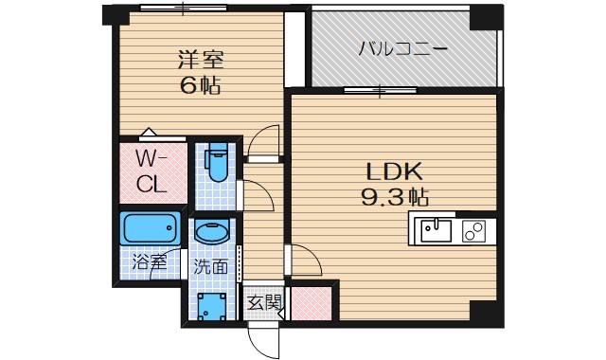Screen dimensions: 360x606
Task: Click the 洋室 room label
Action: (200, 58)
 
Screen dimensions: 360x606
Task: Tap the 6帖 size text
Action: (200, 84)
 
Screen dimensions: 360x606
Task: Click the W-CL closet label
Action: (152, 171)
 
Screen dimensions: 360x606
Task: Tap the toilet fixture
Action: (217, 163)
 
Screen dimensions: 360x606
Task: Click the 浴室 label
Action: (150, 261)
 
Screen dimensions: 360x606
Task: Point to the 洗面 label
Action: (212, 266)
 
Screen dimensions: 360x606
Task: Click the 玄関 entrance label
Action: (264, 303)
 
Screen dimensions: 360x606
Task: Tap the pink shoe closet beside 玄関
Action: (310, 302)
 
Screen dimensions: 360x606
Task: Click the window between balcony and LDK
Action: (378, 91)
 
